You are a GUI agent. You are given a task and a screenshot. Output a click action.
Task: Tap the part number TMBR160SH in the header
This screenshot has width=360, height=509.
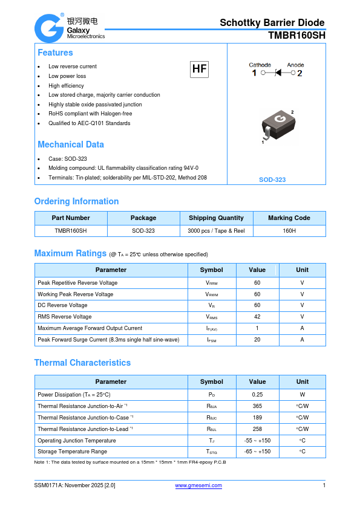296,36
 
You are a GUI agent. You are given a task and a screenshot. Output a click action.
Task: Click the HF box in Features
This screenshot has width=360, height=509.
199,69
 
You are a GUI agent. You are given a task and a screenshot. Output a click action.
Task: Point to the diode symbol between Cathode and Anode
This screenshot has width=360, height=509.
278,73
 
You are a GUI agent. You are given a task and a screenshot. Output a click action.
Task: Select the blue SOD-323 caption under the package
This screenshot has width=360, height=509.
272,180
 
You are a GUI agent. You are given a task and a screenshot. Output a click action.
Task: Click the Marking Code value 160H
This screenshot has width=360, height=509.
289,231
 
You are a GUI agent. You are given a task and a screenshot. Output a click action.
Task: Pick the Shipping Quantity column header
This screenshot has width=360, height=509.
216,218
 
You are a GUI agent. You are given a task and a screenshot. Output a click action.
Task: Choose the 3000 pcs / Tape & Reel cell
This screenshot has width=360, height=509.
216,231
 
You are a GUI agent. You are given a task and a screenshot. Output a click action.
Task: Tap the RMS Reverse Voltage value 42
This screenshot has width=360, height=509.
257,317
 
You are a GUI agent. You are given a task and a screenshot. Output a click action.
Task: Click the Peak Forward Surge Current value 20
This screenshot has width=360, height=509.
257,340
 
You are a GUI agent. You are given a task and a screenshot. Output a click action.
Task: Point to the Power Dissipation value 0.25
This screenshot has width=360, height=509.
257,395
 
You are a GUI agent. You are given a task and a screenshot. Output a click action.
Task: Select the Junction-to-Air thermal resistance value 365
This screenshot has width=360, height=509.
257,406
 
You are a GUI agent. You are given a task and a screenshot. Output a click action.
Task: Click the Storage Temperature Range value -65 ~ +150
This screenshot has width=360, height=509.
257,452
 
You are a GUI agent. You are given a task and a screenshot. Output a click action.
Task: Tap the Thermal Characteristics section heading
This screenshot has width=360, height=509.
82,363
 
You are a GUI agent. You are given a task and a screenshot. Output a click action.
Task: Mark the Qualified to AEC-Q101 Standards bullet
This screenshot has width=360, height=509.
89,123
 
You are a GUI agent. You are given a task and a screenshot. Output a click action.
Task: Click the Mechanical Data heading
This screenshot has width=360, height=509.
71,144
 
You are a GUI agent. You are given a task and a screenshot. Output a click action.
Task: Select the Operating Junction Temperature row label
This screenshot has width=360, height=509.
77,441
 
